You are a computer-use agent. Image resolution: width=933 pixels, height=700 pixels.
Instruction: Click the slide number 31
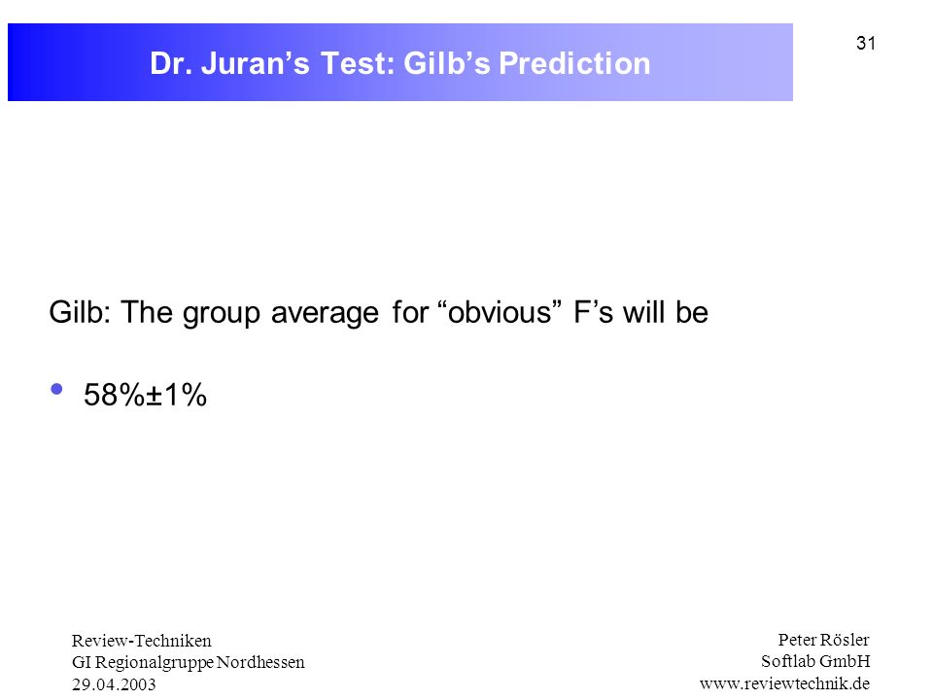[866, 44]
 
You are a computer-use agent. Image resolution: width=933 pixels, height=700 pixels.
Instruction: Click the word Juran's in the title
[256, 63]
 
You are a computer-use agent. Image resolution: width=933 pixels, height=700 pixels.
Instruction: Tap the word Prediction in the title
[574, 63]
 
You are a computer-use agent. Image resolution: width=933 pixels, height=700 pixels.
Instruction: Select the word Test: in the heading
[358, 63]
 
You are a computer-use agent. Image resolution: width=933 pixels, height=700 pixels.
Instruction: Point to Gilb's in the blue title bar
[447, 63]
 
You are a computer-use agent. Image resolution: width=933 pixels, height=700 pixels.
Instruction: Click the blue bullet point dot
[57, 389]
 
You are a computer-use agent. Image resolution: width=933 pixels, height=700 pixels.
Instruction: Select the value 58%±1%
[145, 395]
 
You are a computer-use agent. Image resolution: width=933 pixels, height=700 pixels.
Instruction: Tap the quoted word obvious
[500, 312]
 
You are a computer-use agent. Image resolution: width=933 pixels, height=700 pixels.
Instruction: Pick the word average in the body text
[325, 313]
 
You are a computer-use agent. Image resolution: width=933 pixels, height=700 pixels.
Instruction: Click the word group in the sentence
[222, 313]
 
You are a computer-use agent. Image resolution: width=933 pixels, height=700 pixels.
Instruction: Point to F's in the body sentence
[593, 312]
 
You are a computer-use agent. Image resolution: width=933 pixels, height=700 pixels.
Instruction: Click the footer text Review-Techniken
[142, 641]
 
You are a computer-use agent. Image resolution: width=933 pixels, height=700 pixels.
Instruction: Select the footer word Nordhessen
[260, 662]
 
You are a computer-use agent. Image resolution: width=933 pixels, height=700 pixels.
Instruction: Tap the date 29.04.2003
[114, 684]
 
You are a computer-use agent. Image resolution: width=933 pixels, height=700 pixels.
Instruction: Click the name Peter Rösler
[823, 640]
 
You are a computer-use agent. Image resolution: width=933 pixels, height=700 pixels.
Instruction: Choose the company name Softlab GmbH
[815, 661]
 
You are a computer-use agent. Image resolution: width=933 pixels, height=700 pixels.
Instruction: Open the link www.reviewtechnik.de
[785, 683]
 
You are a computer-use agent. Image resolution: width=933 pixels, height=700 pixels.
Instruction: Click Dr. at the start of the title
[171, 63]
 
